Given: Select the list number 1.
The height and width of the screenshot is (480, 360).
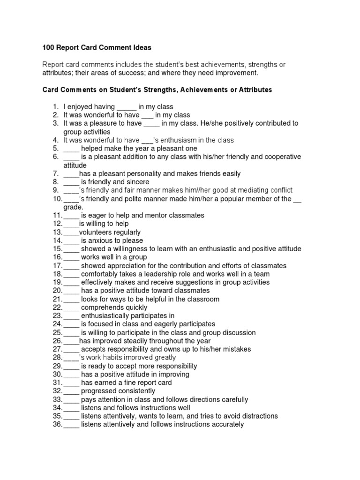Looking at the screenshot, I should coord(55,107).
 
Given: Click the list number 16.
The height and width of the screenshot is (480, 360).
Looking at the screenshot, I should coord(57,257).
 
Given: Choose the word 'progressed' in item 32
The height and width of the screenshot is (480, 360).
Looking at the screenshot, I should coord(99,391).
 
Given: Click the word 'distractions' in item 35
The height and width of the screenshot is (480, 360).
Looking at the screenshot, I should coord(257,416).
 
